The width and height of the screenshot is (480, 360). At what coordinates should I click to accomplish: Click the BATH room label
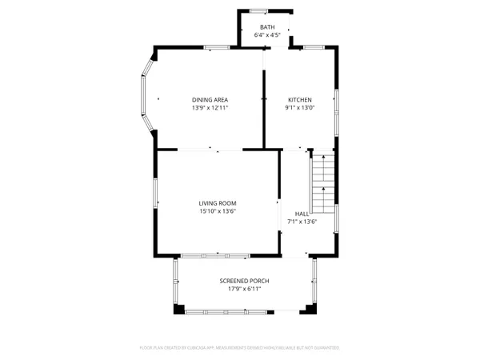point(266,27)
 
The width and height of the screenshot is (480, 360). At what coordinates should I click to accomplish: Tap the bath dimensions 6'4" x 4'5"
point(266,35)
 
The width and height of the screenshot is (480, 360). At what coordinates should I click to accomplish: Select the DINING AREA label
point(210,100)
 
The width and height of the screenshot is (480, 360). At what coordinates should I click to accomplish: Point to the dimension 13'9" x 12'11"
point(210,108)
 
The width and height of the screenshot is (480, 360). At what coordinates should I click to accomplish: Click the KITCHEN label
point(300,100)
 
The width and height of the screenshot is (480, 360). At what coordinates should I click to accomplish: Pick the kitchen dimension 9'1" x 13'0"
point(300,108)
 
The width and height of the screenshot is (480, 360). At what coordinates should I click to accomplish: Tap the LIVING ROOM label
point(218,203)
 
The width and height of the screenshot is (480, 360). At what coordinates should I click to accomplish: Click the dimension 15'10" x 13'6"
point(218,211)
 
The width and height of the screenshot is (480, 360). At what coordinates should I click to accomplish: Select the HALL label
point(302,214)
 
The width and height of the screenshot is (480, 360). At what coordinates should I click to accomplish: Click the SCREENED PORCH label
point(244,281)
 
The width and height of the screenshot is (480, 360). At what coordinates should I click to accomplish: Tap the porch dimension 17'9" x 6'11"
point(244,289)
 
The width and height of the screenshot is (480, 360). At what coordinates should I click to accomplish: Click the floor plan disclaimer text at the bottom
point(240,348)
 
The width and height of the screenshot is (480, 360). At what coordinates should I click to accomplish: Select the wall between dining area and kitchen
point(264,108)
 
